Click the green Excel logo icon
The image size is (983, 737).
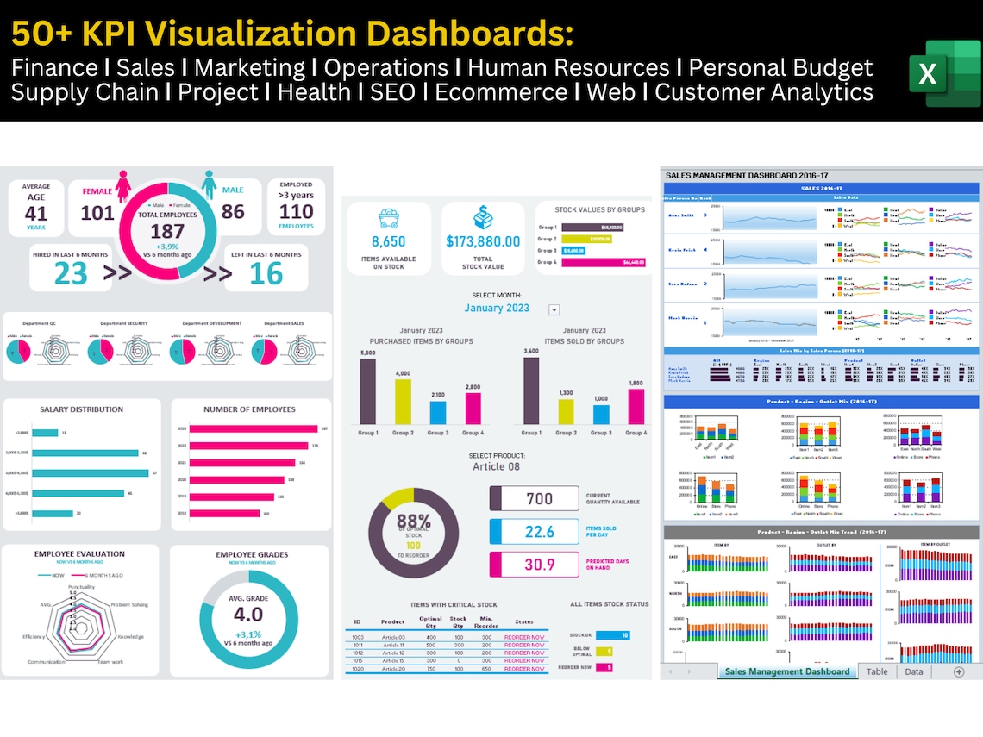click(943, 73)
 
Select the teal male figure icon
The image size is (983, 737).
click(209, 184)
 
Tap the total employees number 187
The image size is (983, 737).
click(167, 231)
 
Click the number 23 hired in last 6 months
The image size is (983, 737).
click(71, 272)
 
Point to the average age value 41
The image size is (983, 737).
click(36, 214)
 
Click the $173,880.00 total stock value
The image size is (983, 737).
click(483, 241)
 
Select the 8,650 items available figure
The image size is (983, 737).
click(388, 241)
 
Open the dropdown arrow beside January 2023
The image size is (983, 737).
click(554, 310)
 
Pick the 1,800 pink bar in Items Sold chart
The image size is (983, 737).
click(636, 406)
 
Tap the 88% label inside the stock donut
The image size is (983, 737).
click(413, 522)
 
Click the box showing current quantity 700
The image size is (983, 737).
click(535, 498)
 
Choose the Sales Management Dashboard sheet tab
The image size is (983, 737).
click(786, 671)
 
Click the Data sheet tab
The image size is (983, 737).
click(914, 671)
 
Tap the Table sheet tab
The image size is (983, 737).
click(876, 671)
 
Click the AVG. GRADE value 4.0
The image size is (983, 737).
click(248, 615)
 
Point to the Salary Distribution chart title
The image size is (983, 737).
click(81, 409)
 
